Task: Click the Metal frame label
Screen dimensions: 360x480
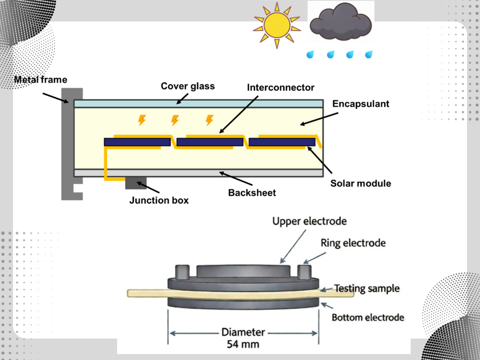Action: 41,79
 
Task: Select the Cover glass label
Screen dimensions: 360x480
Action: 188,86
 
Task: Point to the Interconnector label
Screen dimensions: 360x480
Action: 281,88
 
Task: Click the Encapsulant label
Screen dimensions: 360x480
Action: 361,103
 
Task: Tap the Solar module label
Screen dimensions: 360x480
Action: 361,183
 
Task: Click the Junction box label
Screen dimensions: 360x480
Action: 159,200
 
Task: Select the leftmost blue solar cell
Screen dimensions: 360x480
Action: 137,142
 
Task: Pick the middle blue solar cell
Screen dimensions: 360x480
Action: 210,142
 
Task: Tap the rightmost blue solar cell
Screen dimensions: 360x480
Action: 282,142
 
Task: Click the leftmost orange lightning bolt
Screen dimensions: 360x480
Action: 142,120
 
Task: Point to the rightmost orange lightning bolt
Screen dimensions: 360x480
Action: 209,120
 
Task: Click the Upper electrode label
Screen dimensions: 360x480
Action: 309,221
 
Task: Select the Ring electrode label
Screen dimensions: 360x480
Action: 353,243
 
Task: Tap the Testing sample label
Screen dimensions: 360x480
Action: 367,288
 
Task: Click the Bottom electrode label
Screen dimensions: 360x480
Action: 368,317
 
